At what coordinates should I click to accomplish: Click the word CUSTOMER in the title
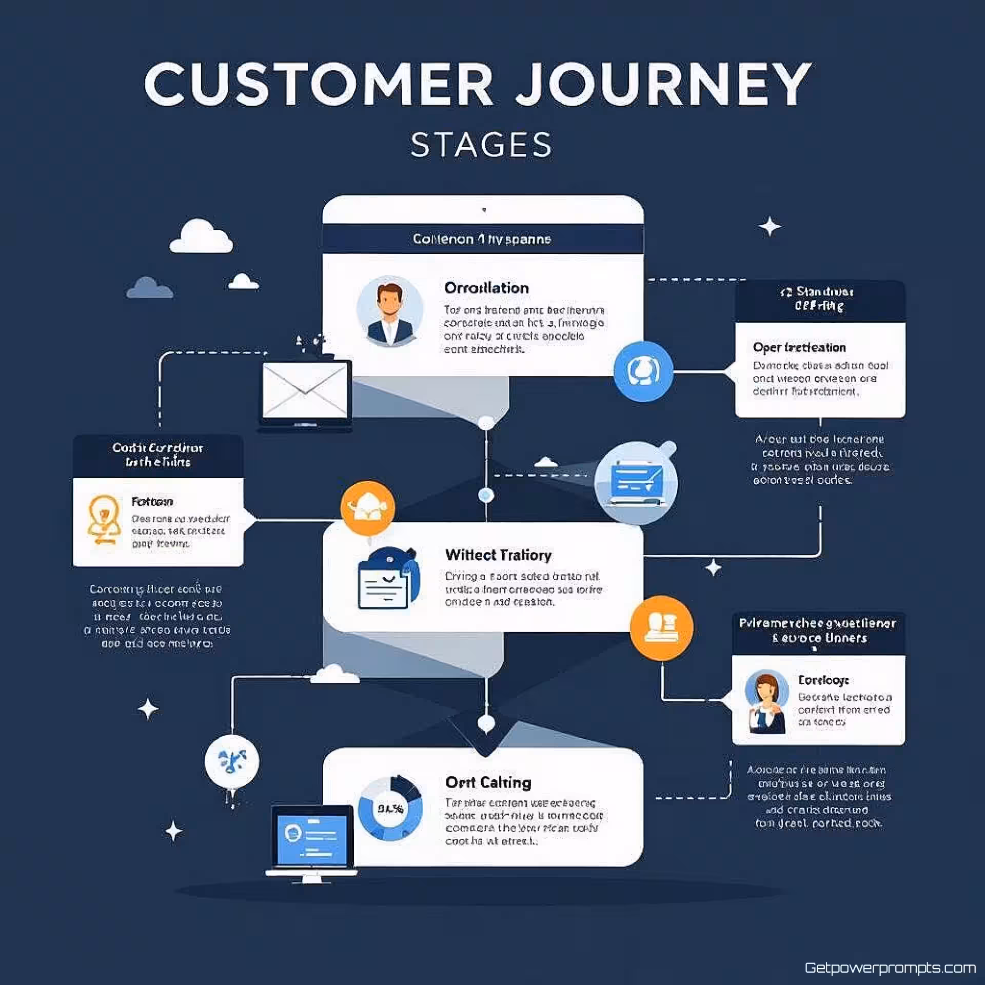(318, 85)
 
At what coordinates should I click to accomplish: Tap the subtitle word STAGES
(481, 145)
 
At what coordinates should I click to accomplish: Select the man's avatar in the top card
(390, 311)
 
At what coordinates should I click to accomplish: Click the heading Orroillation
(486, 288)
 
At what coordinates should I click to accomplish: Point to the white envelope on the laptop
(305, 390)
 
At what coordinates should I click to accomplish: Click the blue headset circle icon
(643, 371)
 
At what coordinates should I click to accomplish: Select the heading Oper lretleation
(799, 347)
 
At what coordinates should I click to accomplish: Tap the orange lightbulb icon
(104, 519)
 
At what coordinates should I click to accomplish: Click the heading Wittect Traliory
(498, 555)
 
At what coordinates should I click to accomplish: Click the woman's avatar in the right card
(766, 701)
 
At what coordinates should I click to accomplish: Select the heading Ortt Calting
(488, 782)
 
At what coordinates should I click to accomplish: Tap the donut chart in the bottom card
(390, 809)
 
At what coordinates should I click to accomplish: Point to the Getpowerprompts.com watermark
(890, 968)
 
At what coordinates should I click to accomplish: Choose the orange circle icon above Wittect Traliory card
(367, 508)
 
